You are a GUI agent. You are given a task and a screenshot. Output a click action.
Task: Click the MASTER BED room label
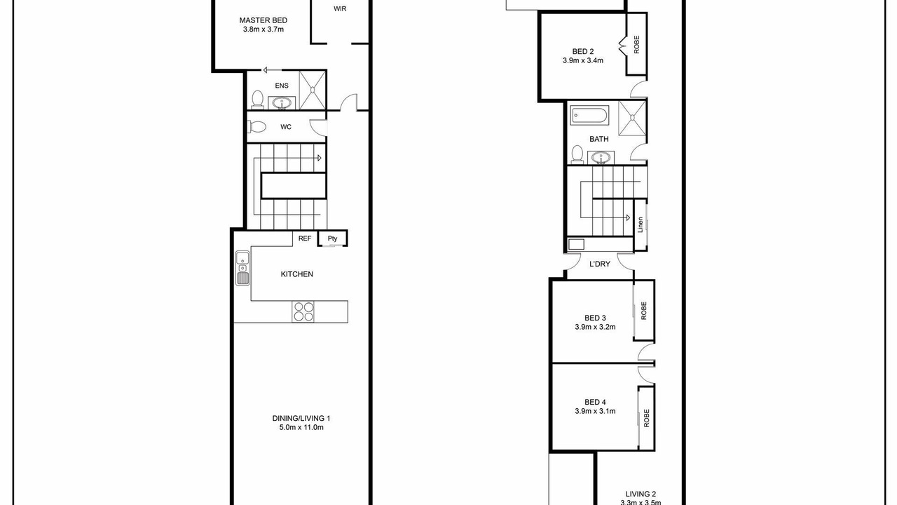pos(263,20)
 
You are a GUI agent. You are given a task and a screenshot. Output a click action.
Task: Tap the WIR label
pos(340,9)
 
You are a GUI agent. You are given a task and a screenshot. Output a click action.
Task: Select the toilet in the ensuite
pos(257,99)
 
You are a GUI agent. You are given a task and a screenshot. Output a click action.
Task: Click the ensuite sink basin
pos(282,103)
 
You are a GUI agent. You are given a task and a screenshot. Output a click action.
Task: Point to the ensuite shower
pos(313,90)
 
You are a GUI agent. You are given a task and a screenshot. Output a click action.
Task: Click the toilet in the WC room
pos(257,127)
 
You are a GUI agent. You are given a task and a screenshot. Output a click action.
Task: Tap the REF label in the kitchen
pos(305,238)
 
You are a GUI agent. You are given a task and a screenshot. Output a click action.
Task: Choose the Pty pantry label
pos(332,238)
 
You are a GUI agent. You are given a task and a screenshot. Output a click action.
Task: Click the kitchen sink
pos(242,268)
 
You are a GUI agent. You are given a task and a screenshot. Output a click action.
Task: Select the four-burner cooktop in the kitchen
pos(303,312)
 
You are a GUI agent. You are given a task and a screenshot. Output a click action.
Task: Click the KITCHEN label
pos(296,274)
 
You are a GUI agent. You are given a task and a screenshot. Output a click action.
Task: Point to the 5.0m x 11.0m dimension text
pos(301,427)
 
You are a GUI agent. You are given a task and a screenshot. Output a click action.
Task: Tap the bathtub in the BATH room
pos(589,116)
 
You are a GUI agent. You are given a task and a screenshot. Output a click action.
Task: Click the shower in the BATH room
pos(632,119)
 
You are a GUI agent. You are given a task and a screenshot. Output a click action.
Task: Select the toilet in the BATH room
pos(577,154)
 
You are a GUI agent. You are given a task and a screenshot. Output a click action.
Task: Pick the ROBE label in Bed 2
pos(637,44)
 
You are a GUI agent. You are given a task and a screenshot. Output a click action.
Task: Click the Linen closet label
pos(640,225)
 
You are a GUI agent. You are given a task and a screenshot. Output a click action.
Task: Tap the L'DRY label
pos(600,264)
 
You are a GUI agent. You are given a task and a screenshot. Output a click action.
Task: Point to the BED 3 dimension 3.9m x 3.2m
pos(595,327)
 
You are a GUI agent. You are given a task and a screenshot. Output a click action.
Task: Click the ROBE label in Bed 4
pos(646,418)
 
